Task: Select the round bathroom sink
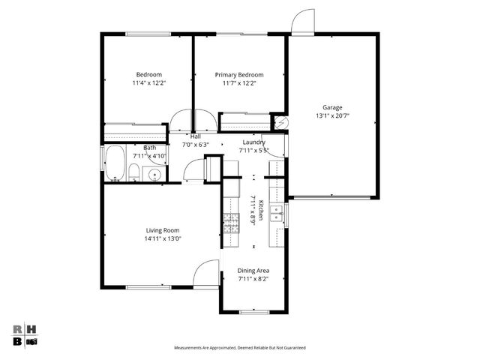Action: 153,175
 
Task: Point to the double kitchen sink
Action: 277,214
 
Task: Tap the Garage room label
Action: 332,107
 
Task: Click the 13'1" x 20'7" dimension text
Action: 332,116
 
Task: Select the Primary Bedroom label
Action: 239,74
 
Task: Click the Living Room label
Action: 162,230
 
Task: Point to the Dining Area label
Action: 253,270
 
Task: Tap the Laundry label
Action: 253,142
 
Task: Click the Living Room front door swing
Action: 205,274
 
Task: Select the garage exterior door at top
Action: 303,22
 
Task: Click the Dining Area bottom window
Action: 253,311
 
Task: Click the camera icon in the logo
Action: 32,341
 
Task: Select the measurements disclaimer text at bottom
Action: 240,348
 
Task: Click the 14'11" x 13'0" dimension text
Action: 162,238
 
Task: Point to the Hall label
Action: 195,136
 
